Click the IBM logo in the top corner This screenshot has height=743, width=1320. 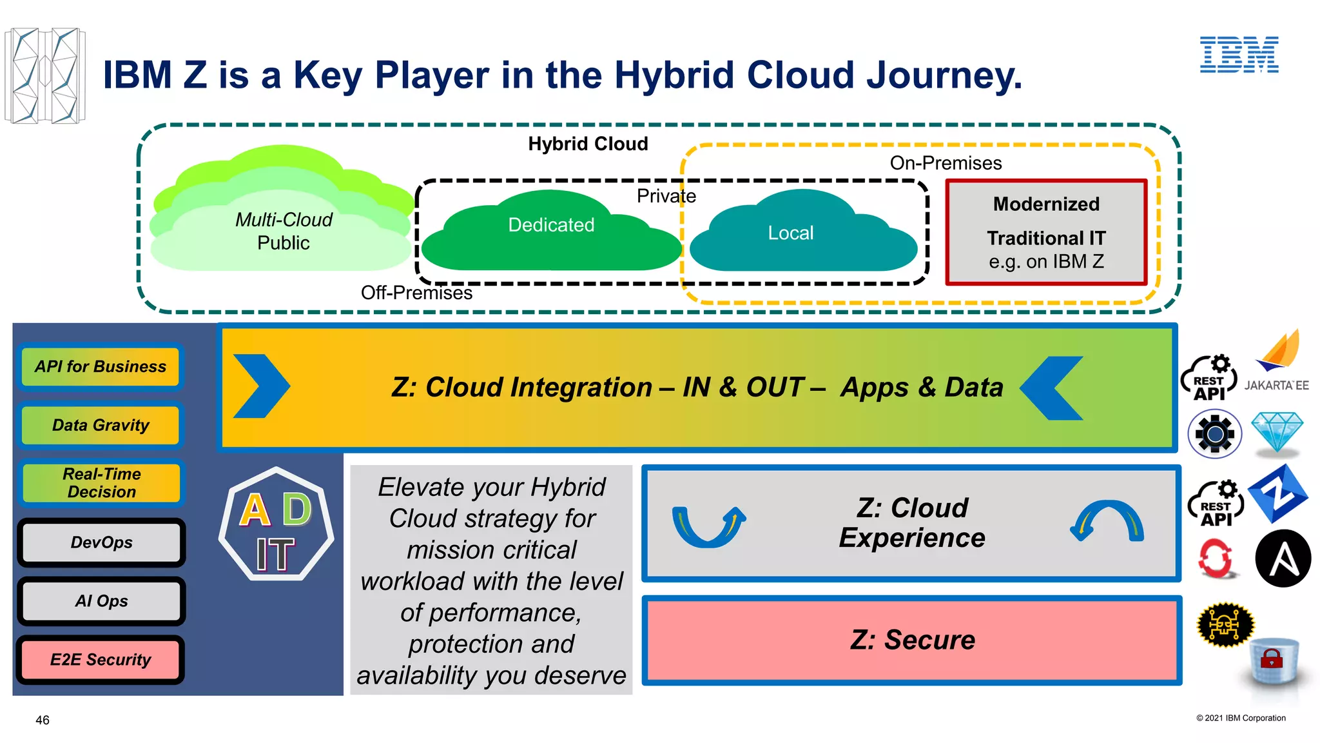click(1239, 55)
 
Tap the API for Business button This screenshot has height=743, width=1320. click(101, 367)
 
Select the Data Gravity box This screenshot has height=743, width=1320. click(101, 425)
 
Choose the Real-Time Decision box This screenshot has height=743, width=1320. click(101, 483)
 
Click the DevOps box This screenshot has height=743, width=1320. click(101, 542)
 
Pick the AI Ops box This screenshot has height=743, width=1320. click(101, 601)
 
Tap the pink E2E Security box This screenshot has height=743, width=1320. click(101, 660)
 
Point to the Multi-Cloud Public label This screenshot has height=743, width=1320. click(284, 231)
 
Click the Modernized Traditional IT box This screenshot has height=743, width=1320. click(1046, 232)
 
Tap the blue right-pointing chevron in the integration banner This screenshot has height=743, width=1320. click(261, 386)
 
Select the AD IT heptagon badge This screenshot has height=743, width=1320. click(276, 524)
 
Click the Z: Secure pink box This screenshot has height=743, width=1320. click(911, 640)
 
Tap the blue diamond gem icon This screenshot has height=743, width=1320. click(1277, 432)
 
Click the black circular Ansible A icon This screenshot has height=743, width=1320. click(1283, 559)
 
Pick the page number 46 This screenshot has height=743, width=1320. click(43, 720)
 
